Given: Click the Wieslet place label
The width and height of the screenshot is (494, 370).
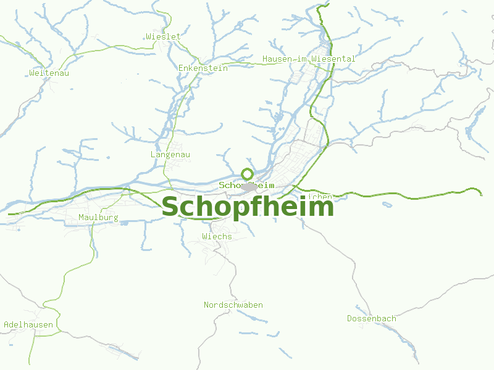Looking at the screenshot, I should (164, 36).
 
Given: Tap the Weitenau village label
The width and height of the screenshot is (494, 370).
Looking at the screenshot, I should (49, 73).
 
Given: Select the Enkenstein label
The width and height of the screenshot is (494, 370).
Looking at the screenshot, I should (203, 68).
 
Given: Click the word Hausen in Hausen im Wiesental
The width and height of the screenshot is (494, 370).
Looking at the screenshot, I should (275, 59).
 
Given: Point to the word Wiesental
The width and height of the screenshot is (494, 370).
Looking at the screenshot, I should (333, 59).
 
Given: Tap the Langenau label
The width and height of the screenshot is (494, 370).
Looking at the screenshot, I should (170, 154).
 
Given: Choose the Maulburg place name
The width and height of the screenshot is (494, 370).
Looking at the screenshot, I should (98, 218).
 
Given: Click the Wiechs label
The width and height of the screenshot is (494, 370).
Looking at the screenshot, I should (217, 236).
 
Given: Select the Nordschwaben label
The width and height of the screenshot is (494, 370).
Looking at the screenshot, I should (233, 305).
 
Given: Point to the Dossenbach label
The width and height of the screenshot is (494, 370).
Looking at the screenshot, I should (372, 319).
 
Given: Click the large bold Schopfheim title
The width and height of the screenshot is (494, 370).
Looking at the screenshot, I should (247, 207).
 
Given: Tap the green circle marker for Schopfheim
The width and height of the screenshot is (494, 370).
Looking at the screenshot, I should (247, 174).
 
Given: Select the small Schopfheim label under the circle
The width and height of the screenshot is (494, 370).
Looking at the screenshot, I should (246, 185).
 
